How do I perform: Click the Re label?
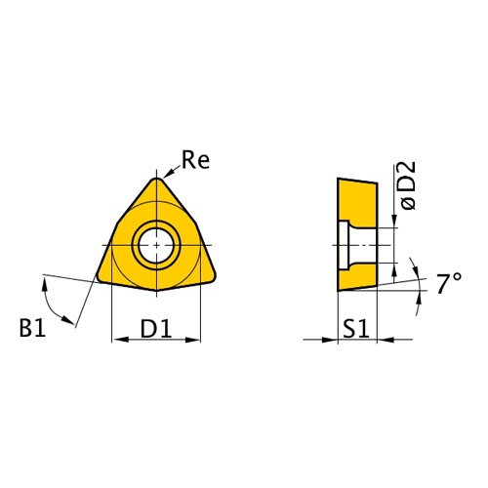pyautogui.click(x=196, y=160)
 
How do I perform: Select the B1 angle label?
pyautogui.click(x=32, y=329)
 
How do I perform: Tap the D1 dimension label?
pyautogui.click(x=156, y=329)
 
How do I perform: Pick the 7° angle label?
pyautogui.click(x=448, y=284)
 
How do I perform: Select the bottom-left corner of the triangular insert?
pyautogui.click(x=101, y=280)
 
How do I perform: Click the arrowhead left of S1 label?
pyautogui.click(x=333, y=340)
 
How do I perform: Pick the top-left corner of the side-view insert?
pyautogui.click(x=338, y=179)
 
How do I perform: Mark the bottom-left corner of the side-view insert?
pyautogui.click(x=338, y=291)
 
